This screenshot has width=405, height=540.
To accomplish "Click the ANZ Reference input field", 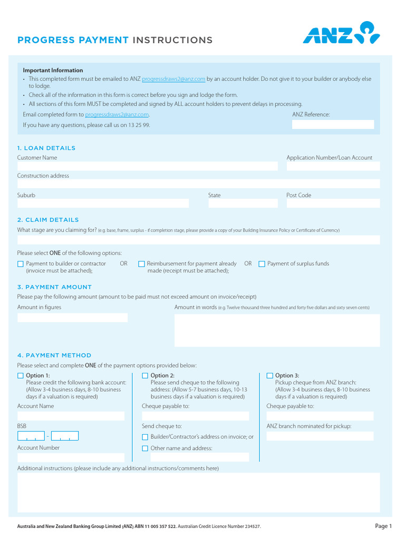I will click(333, 124).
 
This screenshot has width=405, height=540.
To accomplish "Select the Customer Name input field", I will click(147, 166).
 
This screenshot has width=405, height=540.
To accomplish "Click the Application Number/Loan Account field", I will click(333, 166).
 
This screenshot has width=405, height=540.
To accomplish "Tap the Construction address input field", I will click(198, 184).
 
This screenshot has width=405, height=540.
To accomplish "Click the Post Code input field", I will click(333, 203).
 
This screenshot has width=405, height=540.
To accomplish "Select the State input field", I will click(243, 203).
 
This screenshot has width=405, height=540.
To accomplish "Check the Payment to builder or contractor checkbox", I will click(21, 264).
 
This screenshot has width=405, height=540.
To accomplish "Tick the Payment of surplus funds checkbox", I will click(262, 264).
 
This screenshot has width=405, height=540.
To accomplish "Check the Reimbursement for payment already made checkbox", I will click(141, 264).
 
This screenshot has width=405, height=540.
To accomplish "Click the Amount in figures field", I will click(72, 317).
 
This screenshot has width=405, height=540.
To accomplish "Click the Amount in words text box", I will click(277, 330).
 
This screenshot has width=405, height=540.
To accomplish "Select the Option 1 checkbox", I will click(21, 376).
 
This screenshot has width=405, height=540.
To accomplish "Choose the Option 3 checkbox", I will click(270, 376).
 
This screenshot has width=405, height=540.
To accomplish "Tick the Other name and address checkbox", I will click(145, 449).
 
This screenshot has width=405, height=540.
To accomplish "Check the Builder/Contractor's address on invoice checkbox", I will click(145, 437).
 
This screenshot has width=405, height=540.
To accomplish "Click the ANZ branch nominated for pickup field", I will click(320, 436).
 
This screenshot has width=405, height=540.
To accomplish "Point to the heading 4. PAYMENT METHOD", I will click(54, 355).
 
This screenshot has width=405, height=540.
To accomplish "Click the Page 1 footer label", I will click(383, 526).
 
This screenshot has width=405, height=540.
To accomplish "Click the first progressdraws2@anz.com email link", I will click(173, 79).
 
